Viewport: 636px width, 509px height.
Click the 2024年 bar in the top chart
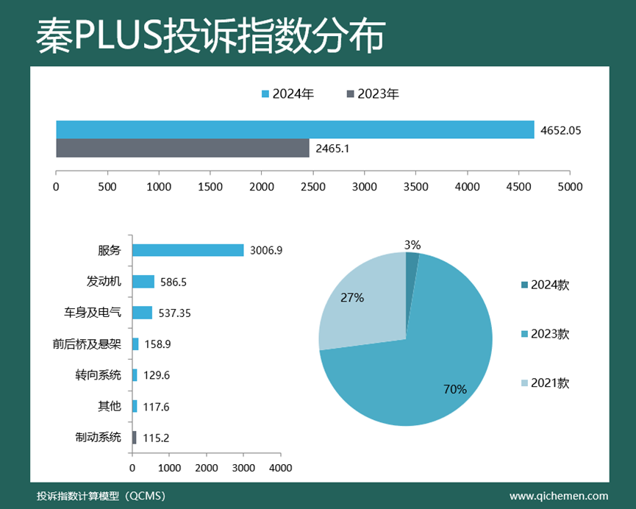(294, 129)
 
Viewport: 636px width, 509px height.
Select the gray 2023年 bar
(182, 148)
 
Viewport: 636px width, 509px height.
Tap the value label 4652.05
(560, 130)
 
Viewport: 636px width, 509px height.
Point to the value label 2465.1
(332, 149)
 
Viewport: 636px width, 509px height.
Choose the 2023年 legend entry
(373, 94)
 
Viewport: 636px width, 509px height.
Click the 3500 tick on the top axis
(416, 187)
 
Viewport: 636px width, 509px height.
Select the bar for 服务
(187, 250)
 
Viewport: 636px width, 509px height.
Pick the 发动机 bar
(143, 282)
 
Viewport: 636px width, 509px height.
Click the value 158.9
(158, 344)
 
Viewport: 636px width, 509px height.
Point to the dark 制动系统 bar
(134, 438)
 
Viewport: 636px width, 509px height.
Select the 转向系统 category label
(98, 375)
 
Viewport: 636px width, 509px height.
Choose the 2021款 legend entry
(545, 383)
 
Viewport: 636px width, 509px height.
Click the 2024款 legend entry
(545, 285)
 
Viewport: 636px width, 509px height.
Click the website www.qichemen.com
(559, 496)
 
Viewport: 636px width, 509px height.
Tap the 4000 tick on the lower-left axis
(280, 468)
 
